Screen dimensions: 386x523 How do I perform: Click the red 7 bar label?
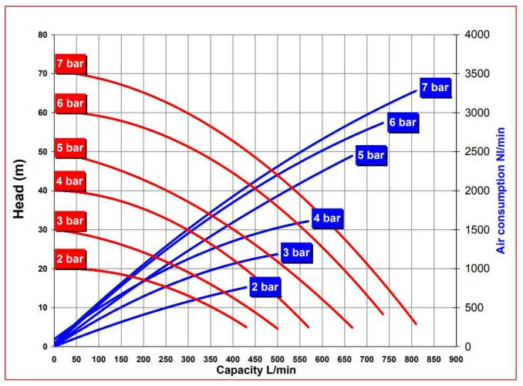(x=69, y=63)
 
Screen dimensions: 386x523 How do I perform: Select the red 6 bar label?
(x=69, y=103)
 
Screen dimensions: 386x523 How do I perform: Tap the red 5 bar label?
(x=69, y=148)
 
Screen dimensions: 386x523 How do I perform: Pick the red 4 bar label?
(x=69, y=181)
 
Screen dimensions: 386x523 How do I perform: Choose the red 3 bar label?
(x=69, y=222)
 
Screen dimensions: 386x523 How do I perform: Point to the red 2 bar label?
(x=69, y=259)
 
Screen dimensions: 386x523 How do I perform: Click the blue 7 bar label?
(x=434, y=87)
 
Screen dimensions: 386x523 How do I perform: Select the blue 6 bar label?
(x=403, y=123)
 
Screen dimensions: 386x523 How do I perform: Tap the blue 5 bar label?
(x=370, y=155)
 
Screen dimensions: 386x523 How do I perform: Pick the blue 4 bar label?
(x=326, y=218)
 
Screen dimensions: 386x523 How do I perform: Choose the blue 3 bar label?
(x=295, y=252)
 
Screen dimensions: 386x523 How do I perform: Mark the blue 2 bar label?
(x=265, y=288)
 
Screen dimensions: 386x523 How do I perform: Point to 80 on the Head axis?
(x=42, y=35)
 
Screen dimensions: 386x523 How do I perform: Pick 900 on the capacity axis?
(x=456, y=359)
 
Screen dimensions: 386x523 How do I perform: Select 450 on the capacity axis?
(x=255, y=359)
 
